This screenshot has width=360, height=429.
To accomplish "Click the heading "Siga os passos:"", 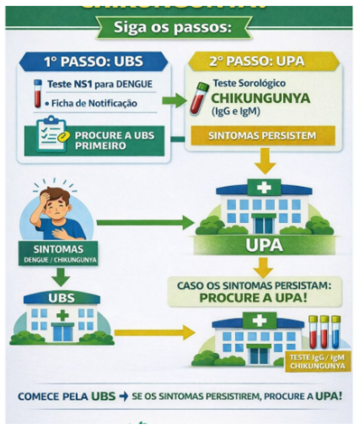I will [172, 28].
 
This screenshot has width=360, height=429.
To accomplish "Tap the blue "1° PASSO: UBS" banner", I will [93, 61].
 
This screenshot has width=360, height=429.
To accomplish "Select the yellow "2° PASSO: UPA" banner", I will [263, 61].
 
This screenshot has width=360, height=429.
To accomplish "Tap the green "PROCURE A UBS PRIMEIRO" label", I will [114, 140].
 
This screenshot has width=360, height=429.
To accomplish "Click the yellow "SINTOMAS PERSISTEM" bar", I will [262, 136].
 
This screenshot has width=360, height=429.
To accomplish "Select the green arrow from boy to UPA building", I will [145, 222].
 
